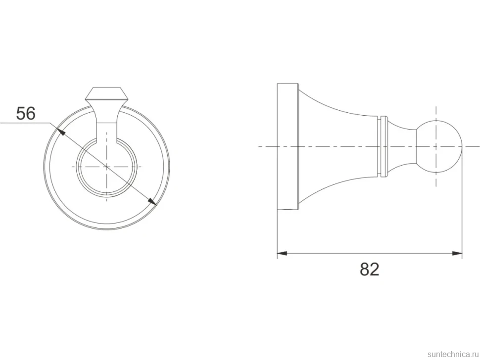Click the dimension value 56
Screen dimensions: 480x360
coord(26,113)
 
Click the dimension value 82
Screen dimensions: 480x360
coord(370,269)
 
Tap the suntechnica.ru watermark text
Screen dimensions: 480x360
coord(453,354)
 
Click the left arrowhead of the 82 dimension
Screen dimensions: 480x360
coord(282,253)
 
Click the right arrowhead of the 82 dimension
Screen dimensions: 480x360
coord(457,253)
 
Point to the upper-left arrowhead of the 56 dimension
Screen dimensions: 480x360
coord(61,132)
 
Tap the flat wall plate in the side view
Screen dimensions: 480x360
coord(288,146)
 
